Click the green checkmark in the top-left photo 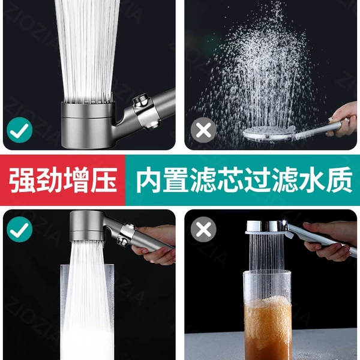(20, 130)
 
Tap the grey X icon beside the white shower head (203, 130)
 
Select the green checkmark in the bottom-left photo (20, 229)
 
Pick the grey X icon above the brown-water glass (203, 229)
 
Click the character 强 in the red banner (22, 180)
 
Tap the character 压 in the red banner (104, 180)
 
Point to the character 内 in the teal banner (149, 180)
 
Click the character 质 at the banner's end (339, 180)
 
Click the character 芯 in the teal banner (230, 180)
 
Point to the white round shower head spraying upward (269, 133)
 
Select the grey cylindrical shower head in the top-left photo (88, 125)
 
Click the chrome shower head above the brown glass (267, 227)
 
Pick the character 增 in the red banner (77, 180)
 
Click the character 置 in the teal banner (176, 180)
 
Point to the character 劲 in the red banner (49, 180)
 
